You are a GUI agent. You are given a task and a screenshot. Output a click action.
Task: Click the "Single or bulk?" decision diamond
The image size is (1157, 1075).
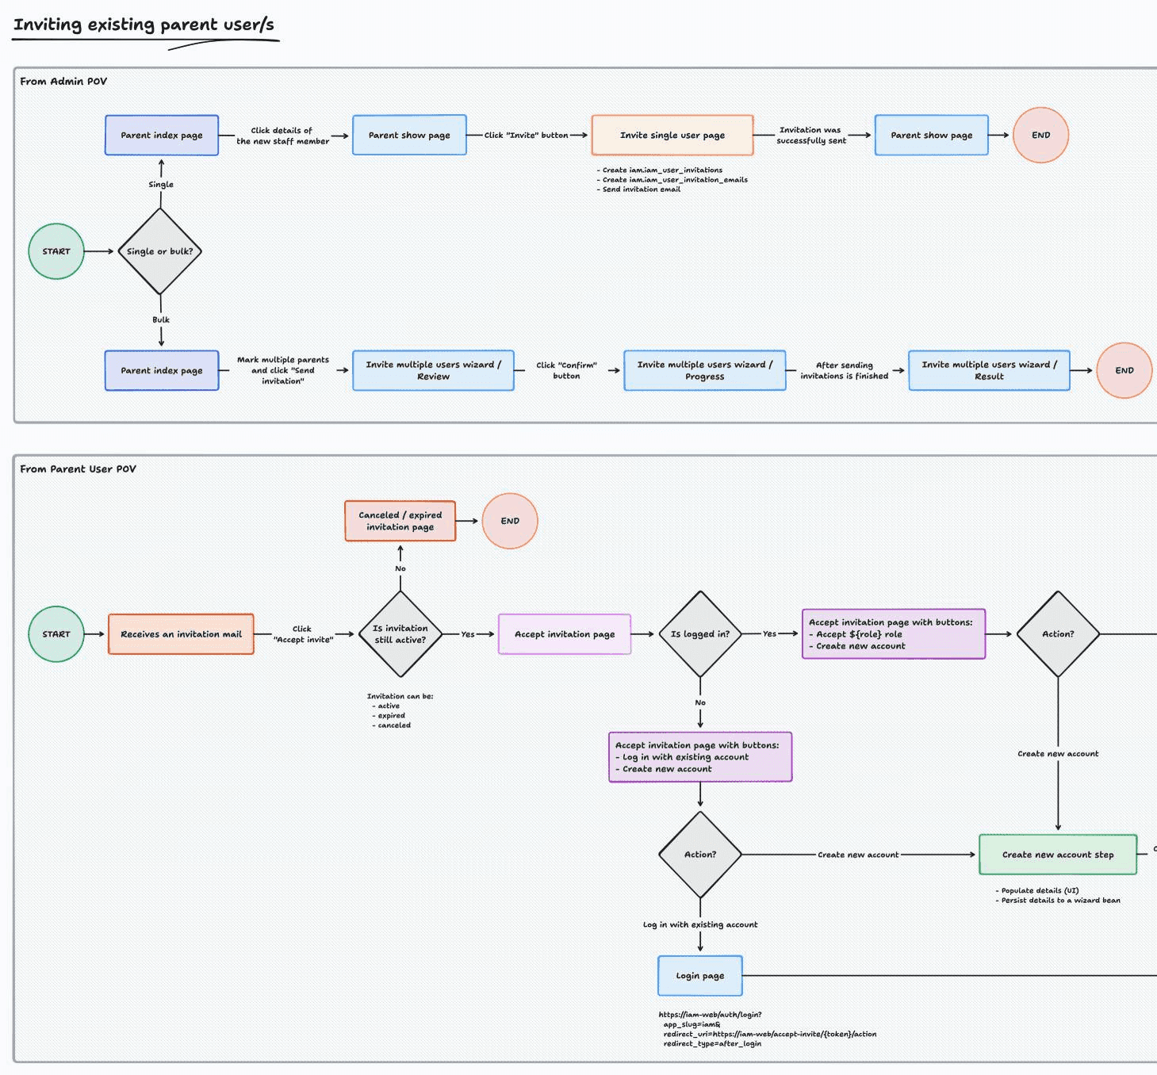[160, 251]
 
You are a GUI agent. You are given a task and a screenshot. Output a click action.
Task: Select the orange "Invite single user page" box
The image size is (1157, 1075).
[672, 136]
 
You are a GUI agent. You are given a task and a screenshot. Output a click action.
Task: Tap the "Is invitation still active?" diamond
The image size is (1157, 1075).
[400, 634]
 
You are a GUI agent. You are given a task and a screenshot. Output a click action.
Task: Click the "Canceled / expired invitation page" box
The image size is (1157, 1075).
[400, 521]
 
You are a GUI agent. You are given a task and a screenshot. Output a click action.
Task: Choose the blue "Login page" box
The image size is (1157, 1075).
[699, 976]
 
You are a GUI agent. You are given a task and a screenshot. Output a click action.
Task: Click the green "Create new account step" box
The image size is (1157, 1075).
[1057, 855]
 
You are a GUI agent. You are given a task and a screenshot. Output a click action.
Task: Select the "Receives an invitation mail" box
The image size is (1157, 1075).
[181, 634]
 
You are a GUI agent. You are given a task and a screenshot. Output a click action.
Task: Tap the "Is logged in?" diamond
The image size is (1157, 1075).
[699, 634]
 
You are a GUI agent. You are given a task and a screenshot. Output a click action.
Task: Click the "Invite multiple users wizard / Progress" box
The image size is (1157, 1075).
[704, 370]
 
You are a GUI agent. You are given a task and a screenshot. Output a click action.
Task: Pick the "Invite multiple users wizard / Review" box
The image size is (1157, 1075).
[433, 370]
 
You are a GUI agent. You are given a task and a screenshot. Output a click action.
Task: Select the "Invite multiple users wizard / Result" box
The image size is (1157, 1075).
[989, 370]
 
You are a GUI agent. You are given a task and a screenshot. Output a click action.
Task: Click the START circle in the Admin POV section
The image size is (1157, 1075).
[56, 251]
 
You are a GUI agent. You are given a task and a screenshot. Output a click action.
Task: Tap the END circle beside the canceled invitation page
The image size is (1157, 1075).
[510, 521]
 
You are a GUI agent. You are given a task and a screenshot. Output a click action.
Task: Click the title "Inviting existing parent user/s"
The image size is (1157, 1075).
[144, 25]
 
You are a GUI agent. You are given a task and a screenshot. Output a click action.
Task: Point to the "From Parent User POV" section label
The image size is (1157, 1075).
[78, 469]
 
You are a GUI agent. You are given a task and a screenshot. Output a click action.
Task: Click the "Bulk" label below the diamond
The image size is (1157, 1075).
[161, 319]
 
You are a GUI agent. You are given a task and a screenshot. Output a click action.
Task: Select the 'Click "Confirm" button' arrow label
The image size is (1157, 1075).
[566, 370]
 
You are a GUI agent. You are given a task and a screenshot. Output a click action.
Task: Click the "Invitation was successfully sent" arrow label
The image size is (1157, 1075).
[810, 136]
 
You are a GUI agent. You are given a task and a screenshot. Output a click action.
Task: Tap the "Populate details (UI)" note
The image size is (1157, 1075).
[1039, 890]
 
